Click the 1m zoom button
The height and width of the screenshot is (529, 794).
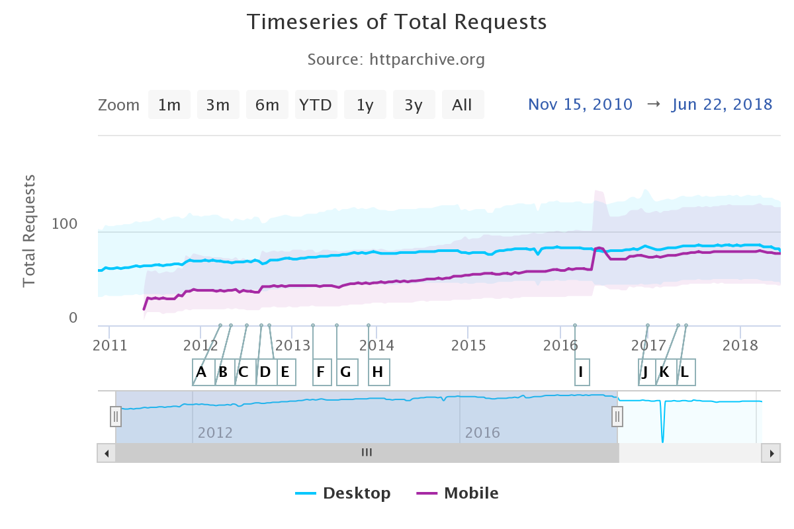(169, 105)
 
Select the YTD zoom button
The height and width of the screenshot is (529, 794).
(316, 105)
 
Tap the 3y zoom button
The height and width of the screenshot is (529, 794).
(414, 105)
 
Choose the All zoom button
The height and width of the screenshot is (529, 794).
(462, 105)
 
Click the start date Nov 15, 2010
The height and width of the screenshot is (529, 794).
(580, 104)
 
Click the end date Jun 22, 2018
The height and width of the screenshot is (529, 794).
(722, 104)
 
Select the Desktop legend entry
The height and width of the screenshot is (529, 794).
(343, 493)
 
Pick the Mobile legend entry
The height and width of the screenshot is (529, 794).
(458, 493)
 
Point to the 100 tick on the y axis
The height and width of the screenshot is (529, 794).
(64, 224)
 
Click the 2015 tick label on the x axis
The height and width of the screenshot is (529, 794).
(468, 345)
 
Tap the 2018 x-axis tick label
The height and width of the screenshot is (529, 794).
(740, 345)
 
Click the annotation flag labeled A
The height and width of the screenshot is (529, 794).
(202, 372)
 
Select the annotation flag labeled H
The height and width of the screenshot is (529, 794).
(378, 372)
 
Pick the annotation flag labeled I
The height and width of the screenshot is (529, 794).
(580, 372)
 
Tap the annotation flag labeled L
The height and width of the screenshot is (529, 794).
(685, 372)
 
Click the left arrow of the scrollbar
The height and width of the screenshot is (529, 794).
(106, 453)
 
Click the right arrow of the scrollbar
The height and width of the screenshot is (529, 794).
(770, 453)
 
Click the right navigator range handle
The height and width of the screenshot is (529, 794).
(617, 416)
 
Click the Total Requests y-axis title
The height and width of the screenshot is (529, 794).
(29, 231)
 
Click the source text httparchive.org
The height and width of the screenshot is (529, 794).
(396, 60)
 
